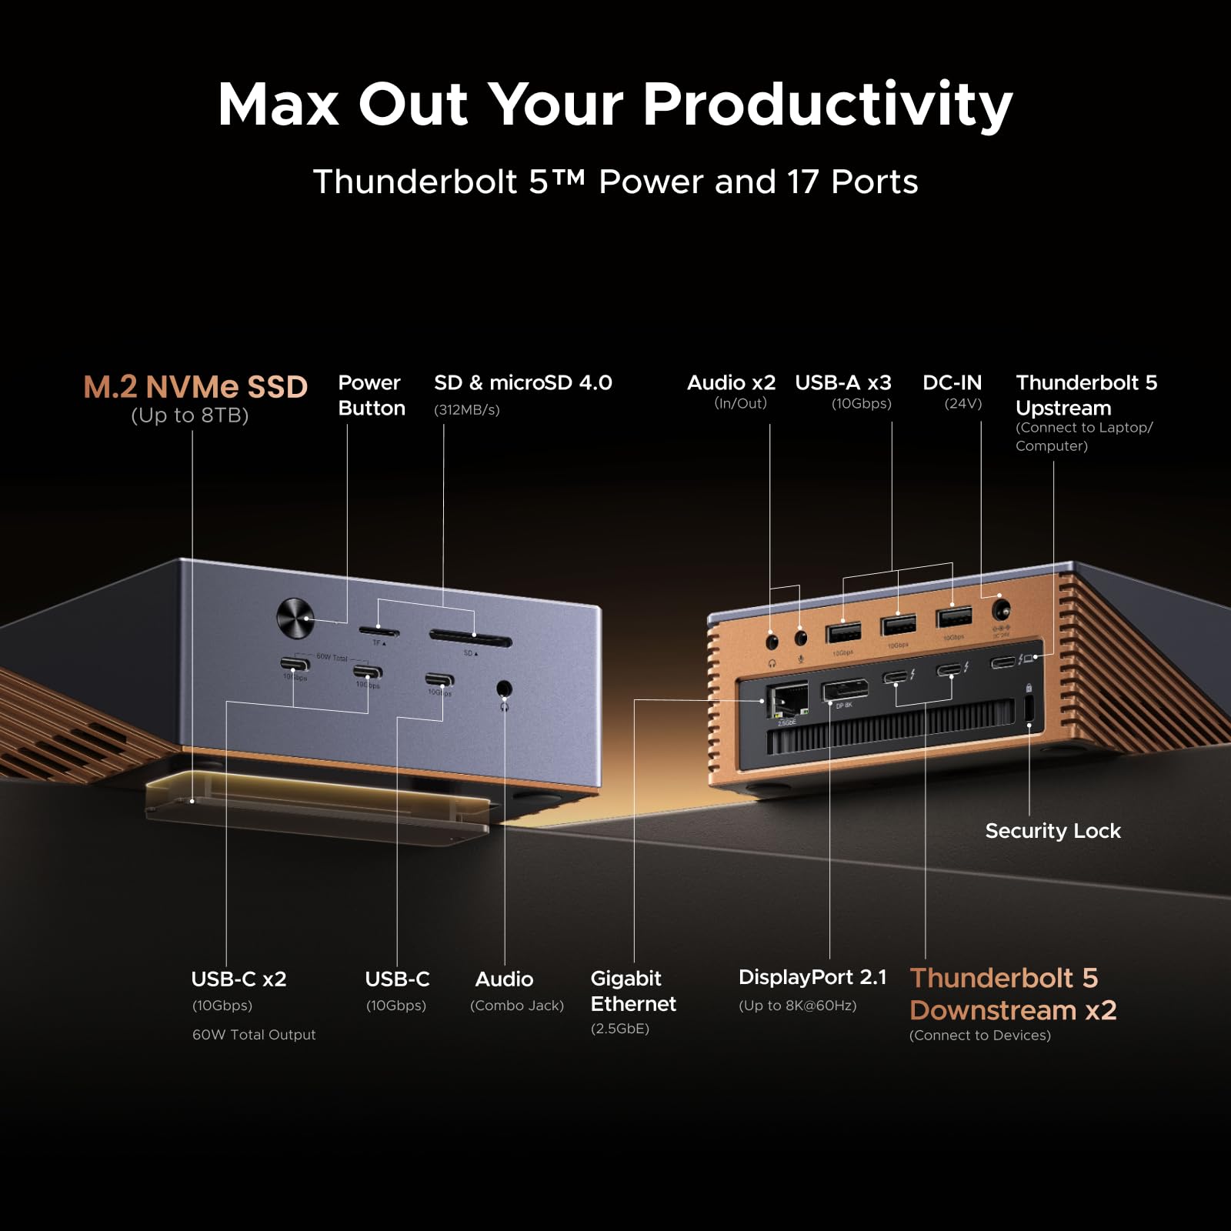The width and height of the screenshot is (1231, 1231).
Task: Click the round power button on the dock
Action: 295,618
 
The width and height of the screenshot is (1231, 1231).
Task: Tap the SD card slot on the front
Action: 470,639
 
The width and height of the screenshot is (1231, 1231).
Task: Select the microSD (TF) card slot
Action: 379,632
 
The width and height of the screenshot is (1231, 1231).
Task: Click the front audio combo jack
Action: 504,689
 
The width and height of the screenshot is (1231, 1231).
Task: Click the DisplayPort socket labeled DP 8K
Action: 845,690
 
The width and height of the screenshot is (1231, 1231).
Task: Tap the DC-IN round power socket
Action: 1001,611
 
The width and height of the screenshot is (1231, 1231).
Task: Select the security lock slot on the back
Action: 1029,709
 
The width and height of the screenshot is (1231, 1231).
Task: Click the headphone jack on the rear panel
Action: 772,640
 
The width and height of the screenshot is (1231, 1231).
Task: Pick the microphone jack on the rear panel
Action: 801,638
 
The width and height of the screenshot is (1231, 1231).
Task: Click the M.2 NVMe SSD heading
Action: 195,387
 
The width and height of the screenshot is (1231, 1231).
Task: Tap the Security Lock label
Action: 1053,831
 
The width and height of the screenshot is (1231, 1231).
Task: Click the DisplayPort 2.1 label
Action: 812,977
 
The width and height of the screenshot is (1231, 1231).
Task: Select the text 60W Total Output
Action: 254,1035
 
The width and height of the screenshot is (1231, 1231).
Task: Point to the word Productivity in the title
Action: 827,104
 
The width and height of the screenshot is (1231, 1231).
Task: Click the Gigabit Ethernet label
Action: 633,991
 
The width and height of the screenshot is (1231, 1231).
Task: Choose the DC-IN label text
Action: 952,382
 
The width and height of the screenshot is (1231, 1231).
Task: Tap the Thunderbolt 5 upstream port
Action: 1002,662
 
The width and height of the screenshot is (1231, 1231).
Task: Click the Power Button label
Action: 372,395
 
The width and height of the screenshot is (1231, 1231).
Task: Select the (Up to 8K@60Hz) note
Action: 797,1006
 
